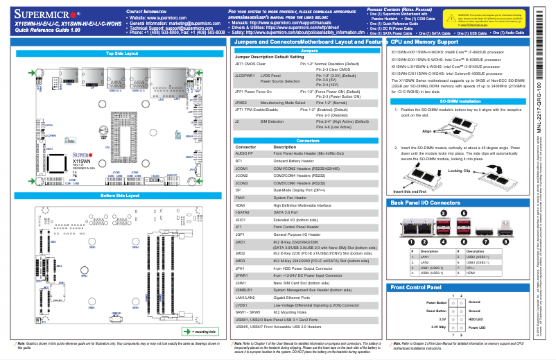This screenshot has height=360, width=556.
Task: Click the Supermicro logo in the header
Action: [x=46, y=13]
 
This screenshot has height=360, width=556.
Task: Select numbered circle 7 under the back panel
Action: [x=487, y=222]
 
